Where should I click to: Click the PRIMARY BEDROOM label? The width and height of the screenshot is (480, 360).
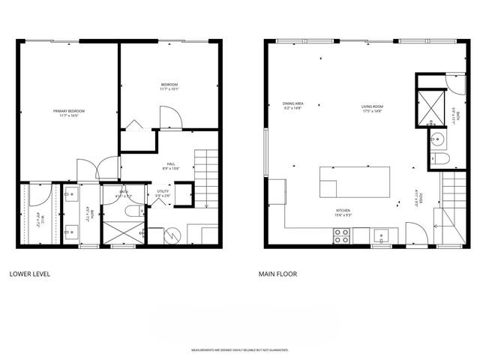click(x=67, y=112)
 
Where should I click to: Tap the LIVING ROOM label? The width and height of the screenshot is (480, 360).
click(x=371, y=106)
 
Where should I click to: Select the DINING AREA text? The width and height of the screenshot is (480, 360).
click(x=292, y=103)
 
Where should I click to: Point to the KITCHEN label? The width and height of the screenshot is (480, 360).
click(x=343, y=211)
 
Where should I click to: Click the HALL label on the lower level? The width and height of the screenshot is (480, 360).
click(x=170, y=163)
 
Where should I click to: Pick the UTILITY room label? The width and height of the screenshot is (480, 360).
click(x=162, y=191)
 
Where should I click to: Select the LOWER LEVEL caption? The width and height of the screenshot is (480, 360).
click(x=29, y=274)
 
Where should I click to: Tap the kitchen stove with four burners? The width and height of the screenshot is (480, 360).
click(x=341, y=236)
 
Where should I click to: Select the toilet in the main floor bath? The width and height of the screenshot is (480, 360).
click(x=441, y=158)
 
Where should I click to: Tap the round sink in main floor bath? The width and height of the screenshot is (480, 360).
click(x=437, y=138)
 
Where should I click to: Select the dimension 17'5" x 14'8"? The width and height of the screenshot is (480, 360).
click(x=371, y=112)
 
